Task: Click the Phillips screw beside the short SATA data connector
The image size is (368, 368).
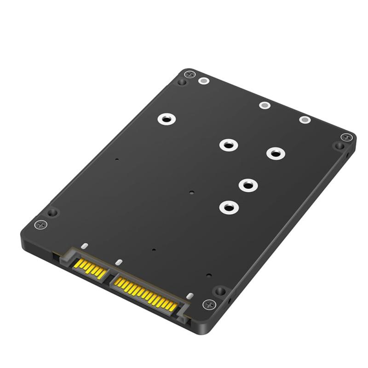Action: point(41,225)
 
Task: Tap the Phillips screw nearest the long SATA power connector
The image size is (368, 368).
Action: point(209,304)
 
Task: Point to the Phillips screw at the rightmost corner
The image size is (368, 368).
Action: point(346,137)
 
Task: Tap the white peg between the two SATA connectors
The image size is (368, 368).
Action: point(119,263)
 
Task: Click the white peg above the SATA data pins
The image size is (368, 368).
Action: point(84,247)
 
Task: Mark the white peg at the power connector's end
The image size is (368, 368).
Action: point(190,297)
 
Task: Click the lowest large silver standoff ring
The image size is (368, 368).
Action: point(228,207)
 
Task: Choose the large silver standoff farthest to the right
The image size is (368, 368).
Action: point(275,153)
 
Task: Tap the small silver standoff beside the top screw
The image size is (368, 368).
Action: point(203,81)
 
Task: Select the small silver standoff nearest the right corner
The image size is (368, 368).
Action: point(305,120)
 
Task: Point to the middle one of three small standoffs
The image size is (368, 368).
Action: point(264,105)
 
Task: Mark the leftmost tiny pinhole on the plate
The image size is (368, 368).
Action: point(117,160)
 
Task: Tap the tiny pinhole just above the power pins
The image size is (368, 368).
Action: point(154,251)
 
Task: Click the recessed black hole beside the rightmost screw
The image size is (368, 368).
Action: point(339,146)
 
